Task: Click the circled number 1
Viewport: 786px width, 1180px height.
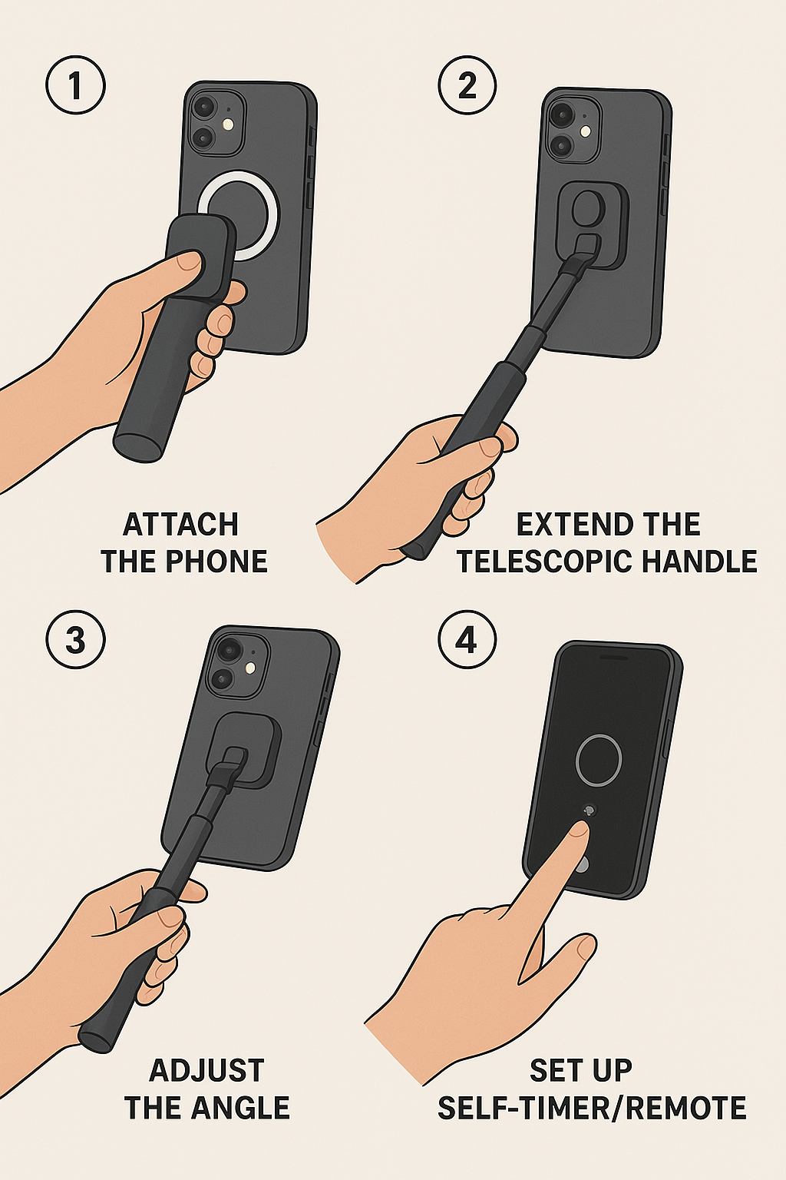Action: tap(76, 86)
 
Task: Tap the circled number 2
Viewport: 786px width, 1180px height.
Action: tap(467, 86)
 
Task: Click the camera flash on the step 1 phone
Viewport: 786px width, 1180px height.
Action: tap(228, 125)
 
